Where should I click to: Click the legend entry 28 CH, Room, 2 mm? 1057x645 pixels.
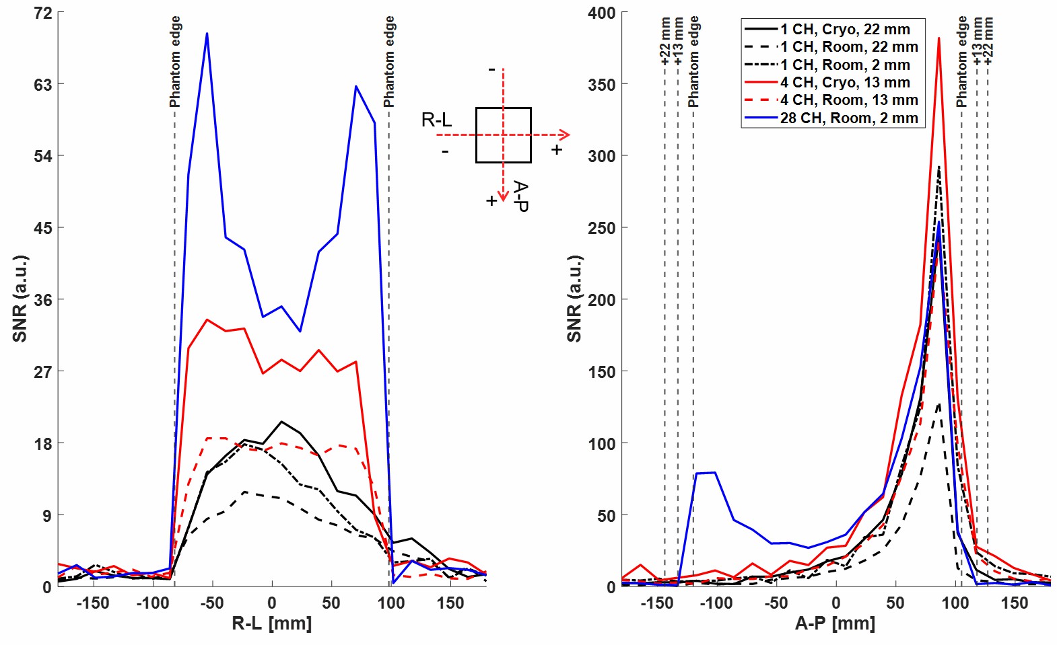(848, 118)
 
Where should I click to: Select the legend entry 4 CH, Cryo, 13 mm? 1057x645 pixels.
(844, 83)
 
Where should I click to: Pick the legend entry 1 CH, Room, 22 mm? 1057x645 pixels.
(848, 47)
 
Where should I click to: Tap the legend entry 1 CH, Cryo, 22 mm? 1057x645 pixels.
(844, 30)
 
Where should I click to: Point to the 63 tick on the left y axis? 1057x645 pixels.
(42, 85)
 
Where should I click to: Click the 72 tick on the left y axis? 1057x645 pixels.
(42, 13)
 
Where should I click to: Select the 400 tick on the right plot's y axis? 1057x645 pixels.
(601, 13)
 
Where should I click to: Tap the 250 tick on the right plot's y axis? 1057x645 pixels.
(601, 228)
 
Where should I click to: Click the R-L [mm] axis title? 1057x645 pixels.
(271, 623)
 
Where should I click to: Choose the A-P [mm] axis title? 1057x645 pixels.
(835, 623)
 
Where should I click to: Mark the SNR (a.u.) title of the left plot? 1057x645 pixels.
(20, 299)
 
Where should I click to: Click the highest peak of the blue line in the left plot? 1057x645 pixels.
(207, 33)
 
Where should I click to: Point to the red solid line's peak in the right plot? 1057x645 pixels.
(939, 38)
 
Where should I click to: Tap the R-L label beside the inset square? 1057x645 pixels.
(436, 120)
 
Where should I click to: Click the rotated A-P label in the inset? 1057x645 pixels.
(520, 196)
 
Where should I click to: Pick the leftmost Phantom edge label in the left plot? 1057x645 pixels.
(175, 62)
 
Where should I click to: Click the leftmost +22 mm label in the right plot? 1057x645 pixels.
(665, 42)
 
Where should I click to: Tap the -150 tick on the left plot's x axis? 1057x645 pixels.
(93, 603)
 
